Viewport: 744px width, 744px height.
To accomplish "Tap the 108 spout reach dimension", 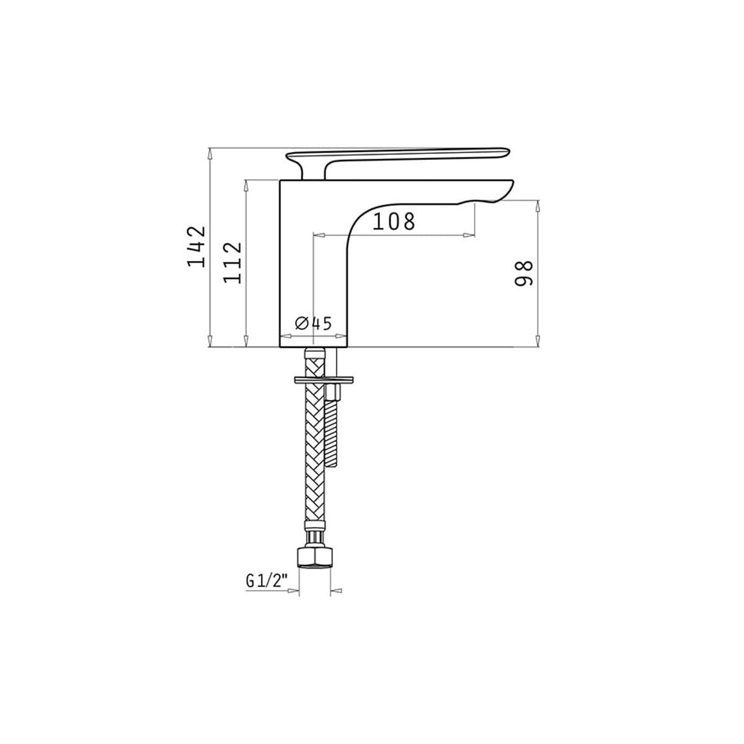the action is [x=394, y=221].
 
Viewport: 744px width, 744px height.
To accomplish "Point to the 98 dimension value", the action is [x=523, y=273].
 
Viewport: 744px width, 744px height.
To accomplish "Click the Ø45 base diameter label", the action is [x=313, y=324].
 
